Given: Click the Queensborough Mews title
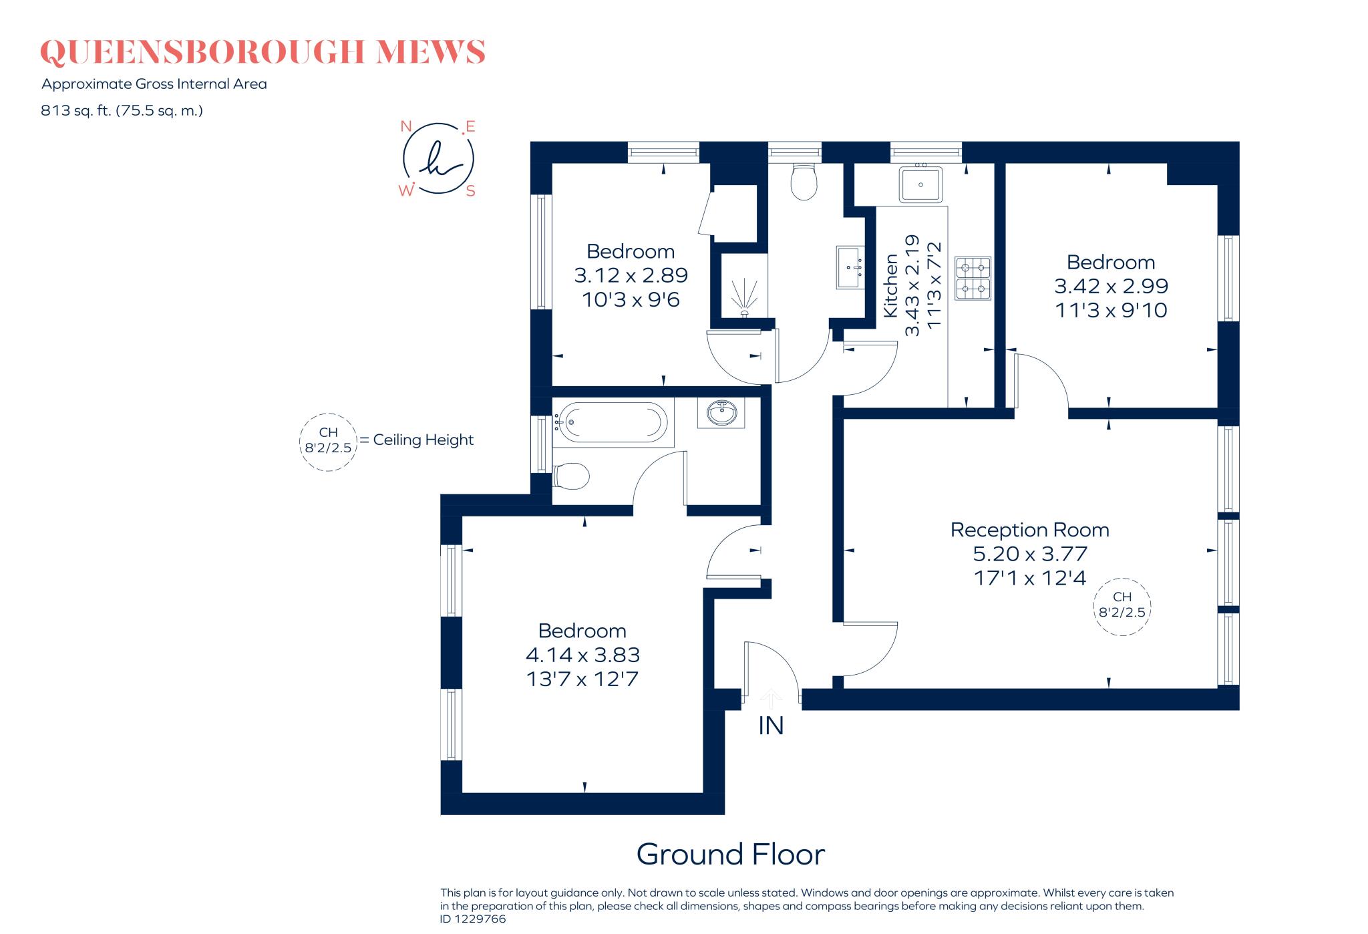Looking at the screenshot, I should coord(263,52).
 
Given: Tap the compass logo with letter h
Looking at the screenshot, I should coord(438,159).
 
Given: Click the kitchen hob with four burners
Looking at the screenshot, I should coord(973,279).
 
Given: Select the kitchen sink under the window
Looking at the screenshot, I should coord(920,184).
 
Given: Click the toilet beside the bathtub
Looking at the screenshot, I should coord(572,477).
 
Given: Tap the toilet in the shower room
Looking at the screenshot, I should coord(804,182).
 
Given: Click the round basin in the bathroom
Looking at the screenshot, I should coord(721,412).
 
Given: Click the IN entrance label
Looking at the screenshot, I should coord(771,726).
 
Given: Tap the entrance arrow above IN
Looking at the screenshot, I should coord(771,699).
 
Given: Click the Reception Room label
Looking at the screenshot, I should coord(1029,530).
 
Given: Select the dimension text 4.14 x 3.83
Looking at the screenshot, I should coord(582,655).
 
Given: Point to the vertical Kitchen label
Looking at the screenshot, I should coord(890,286).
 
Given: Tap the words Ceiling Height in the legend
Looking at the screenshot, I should coord(423,440).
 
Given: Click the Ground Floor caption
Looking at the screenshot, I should coord(730,854).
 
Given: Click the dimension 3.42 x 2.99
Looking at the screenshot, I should coord(1111,286).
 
